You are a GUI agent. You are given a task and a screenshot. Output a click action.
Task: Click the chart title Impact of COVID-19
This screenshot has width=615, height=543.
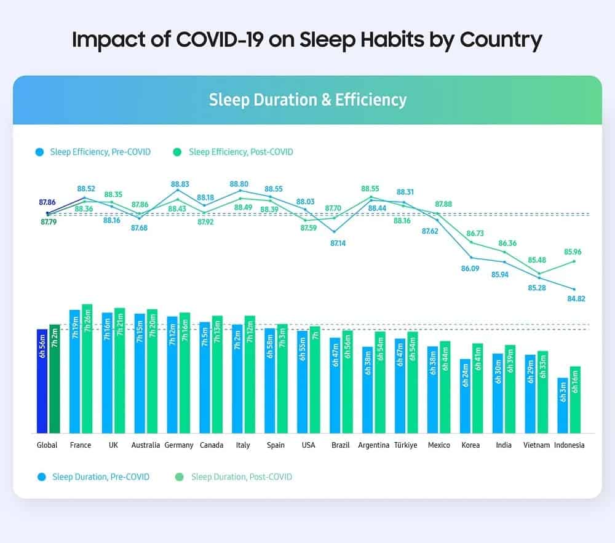[307, 40]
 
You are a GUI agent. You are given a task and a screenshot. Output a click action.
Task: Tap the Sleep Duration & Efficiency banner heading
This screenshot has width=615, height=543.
[307, 100]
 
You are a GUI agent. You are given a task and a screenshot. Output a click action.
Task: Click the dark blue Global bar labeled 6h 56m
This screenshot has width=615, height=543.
[42, 381]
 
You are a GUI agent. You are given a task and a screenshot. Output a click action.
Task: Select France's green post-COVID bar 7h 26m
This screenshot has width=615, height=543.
[87, 368]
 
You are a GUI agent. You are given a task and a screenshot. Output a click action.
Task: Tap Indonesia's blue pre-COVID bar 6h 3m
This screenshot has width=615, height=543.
[562, 405]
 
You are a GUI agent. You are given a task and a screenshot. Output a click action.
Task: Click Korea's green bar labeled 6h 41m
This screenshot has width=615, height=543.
[478, 388]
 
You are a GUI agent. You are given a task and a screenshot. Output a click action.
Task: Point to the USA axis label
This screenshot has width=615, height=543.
[309, 445]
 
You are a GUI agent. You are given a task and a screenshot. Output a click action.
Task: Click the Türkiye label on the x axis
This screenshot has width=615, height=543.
[406, 445]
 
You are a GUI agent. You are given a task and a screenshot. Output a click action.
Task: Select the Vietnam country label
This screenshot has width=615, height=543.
[536, 445]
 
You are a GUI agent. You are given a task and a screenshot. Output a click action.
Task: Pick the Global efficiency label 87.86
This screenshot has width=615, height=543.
[47, 202]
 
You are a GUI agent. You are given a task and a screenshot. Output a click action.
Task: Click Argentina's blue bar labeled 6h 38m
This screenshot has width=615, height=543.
[367, 390]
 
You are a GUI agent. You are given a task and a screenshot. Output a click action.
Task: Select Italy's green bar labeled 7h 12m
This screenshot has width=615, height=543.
[250, 374]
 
